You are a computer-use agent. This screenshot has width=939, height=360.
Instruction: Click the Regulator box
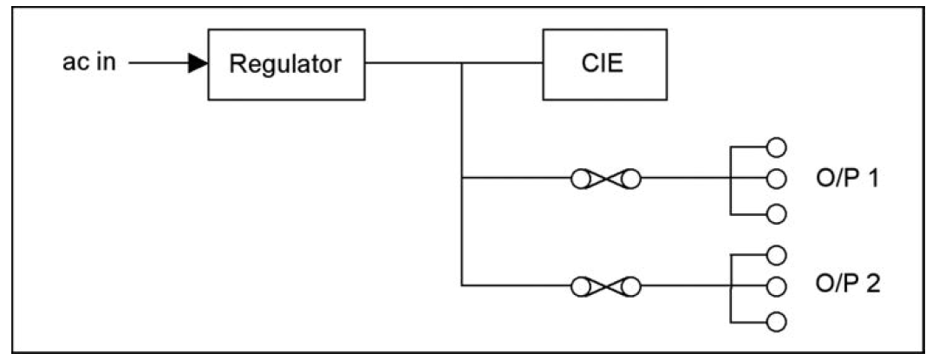pyautogui.click(x=286, y=65)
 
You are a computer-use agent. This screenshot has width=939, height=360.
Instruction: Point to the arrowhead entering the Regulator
pyautogui.click(x=199, y=64)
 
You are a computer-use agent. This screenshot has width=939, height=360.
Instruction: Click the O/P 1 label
pyautogui.click(x=847, y=180)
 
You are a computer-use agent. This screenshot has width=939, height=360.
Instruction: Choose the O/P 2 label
pyautogui.click(x=847, y=285)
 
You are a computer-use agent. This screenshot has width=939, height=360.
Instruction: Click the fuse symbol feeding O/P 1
pyautogui.click(x=605, y=180)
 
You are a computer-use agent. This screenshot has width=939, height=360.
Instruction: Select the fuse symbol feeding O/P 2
pyautogui.click(x=605, y=285)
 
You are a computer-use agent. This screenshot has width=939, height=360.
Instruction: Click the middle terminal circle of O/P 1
pyautogui.click(x=776, y=180)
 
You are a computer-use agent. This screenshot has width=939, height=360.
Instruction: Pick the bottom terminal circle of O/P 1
pyautogui.click(x=776, y=213)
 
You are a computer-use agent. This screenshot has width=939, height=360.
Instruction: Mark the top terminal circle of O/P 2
pyautogui.click(x=776, y=253)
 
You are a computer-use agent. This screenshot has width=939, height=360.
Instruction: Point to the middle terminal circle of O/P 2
pyautogui.click(x=776, y=285)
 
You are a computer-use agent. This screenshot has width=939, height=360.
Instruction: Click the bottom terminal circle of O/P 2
pyautogui.click(x=776, y=319)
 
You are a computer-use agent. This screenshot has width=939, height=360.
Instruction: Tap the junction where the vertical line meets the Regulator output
pyautogui.click(x=463, y=64)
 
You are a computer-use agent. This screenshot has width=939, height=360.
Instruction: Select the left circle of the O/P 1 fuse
pyautogui.click(x=580, y=180)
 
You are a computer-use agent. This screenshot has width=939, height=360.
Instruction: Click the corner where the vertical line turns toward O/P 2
pyautogui.click(x=463, y=285)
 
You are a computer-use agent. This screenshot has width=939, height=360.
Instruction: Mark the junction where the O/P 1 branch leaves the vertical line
pyautogui.click(x=463, y=180)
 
